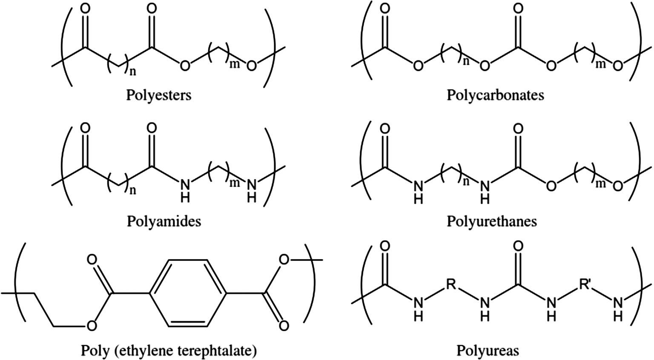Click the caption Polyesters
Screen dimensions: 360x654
click(158, 94)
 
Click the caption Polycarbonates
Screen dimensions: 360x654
click(495, 94)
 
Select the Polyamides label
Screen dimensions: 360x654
click(164, 221)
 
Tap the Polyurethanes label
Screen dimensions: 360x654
click(492, 221)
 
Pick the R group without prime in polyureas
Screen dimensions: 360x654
click(451, 283)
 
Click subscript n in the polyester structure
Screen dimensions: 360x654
click(133, 72)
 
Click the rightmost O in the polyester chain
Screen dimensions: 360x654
click(252, 66)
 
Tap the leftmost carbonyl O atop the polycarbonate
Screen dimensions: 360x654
click(384, 9)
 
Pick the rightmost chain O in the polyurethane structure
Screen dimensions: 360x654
click(618, 186)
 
